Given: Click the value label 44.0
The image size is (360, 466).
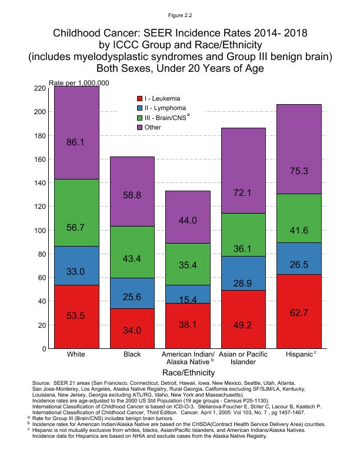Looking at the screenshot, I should tap(187, 220).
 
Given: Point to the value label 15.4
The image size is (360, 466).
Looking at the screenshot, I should tap(187, 300).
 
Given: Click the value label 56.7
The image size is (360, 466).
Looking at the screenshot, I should tap(76, 227).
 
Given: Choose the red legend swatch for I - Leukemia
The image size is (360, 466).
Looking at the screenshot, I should tap(139, 98).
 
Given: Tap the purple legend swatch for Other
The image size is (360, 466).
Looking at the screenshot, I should tap(139, 127).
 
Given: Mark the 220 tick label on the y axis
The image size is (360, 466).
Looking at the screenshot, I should tap(40, 88).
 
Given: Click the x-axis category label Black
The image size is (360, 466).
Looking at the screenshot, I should tap(132, 355).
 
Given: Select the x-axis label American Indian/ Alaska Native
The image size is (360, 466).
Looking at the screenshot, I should tap(187, 358).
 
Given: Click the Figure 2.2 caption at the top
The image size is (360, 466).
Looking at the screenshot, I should tap(179, 14).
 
